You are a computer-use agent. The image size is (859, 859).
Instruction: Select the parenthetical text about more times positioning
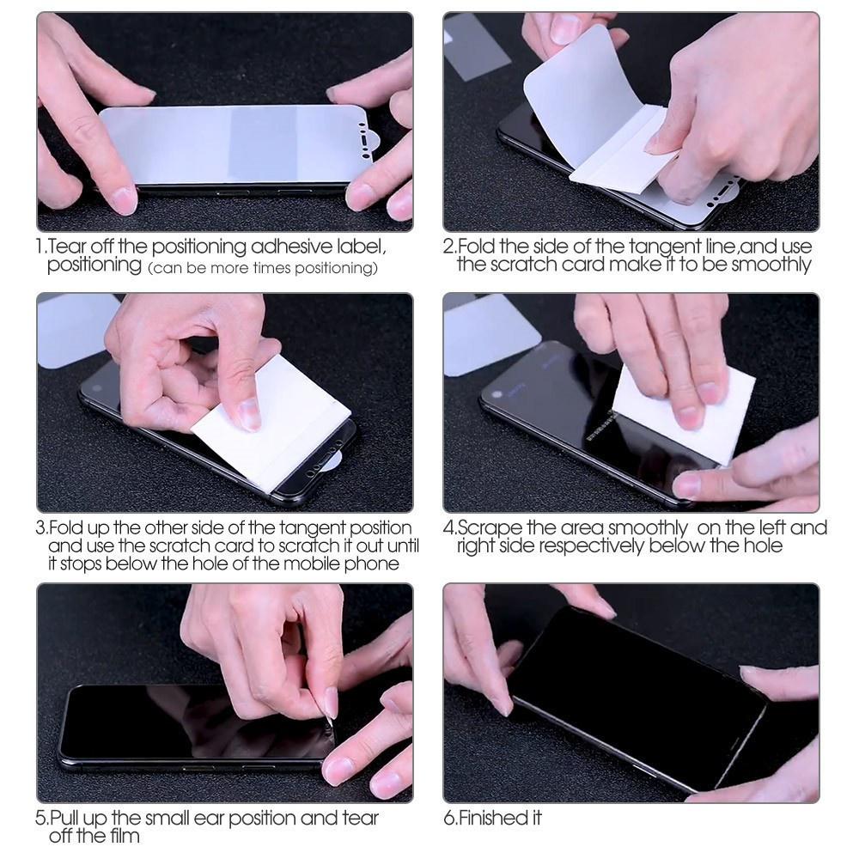tap(263, 269)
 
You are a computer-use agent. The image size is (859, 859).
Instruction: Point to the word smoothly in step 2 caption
tap(771, 265)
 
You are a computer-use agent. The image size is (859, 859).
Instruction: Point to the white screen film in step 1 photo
tap(232, 143)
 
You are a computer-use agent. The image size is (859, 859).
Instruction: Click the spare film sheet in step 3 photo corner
tap(73, 326)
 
